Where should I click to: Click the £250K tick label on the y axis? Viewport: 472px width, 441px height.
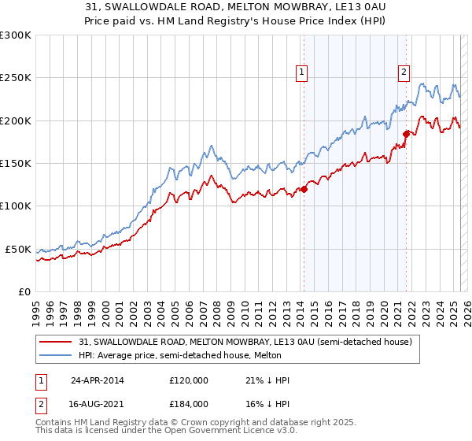[16, 78]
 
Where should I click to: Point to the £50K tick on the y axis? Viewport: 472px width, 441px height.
[19, 249]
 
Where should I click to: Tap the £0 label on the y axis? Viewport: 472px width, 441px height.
[25, 291]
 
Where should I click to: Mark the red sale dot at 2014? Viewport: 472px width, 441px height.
[304, 189]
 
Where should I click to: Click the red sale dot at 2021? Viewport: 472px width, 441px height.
[407, 134]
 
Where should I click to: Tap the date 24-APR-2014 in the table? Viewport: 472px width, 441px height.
[97, 380]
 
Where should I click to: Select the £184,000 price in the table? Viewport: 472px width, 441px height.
[189, 403]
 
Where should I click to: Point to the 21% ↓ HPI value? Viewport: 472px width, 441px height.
[267, 380]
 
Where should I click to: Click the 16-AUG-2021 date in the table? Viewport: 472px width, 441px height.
[97, 403]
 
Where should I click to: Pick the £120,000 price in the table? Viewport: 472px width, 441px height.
[189, 380]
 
